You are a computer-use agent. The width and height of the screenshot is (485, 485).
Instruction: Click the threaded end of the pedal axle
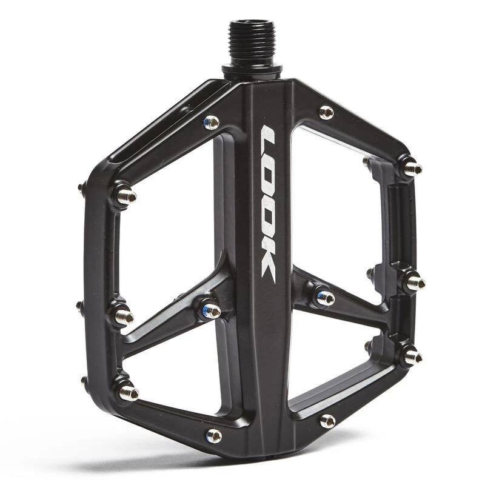click(x=252, y=42)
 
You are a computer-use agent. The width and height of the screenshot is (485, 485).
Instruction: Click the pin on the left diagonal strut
click(x=211, y=310)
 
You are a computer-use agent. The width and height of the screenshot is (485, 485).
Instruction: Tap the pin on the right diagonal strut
click(x=326, y=298)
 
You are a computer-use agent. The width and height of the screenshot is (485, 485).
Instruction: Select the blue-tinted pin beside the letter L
click(x=212, y=122)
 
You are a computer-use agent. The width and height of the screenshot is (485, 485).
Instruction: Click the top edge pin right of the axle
click(x=327, y=112)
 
